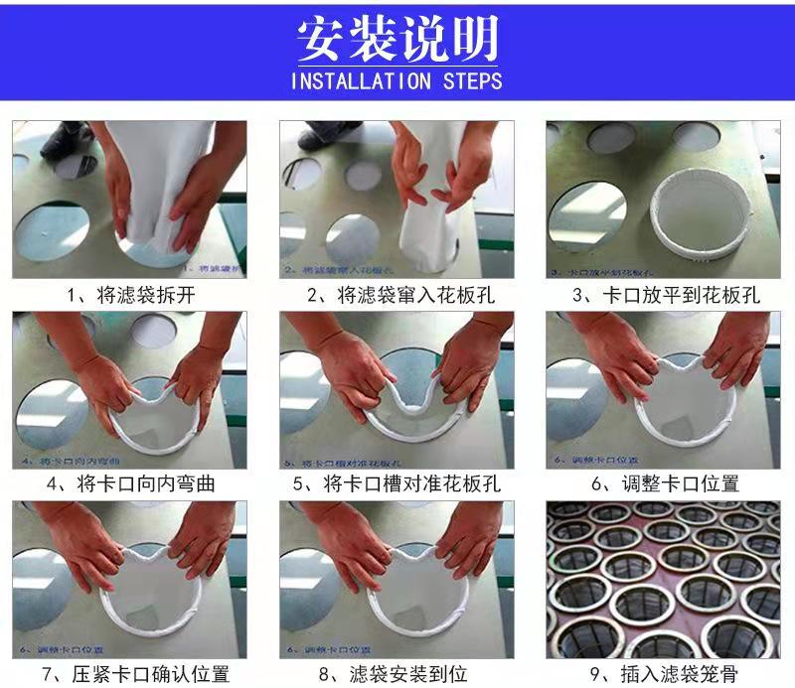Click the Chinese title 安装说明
point(397,38)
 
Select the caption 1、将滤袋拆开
point(129,295)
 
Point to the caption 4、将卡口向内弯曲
point(130,484)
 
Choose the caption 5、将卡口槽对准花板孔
point(397,484)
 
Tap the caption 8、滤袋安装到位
point(397,674)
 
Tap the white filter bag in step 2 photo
point(427,233)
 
